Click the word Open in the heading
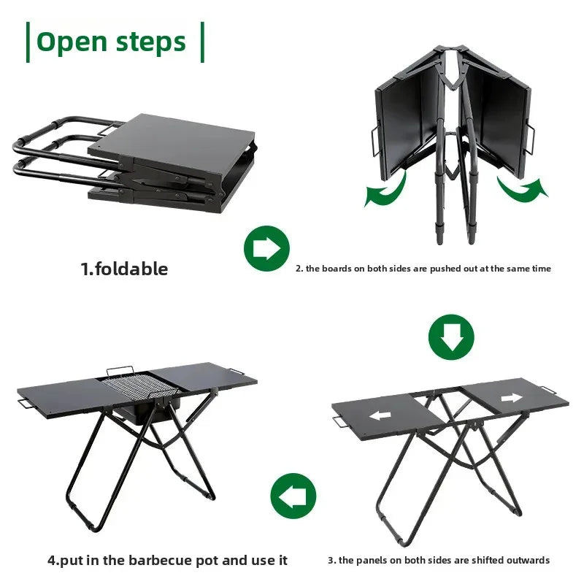point(72,43)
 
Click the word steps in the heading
point(151,43)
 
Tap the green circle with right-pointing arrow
point(266,248)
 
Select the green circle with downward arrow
point(451,337)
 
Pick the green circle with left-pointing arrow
point(293,496)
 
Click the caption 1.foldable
point(124,269)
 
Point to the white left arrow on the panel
point(380,415)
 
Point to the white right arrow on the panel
point(512,398)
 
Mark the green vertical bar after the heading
point(203,42)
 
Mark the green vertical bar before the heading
point(28,42)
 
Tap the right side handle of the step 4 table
point(237,372)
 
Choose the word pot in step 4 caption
point(207,560)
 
